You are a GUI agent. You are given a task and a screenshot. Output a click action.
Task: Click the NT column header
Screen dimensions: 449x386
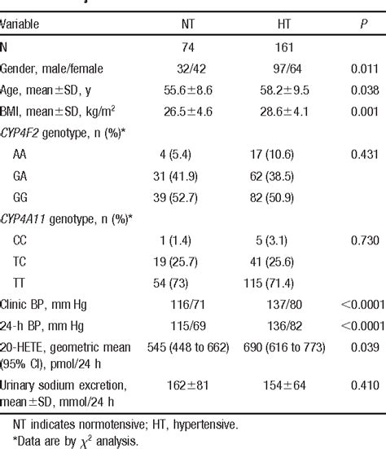pos(187,24)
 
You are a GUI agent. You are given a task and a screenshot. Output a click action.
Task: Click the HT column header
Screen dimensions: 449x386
pos(286,24)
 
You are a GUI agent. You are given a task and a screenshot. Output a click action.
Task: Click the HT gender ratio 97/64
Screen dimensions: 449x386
pos(286,70)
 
